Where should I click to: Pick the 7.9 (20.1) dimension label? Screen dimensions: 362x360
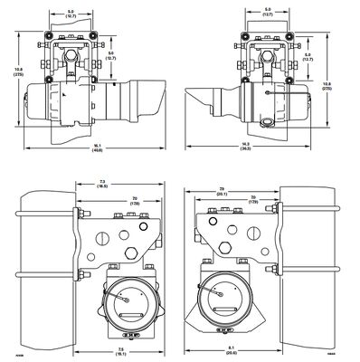(x=223, y=190)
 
